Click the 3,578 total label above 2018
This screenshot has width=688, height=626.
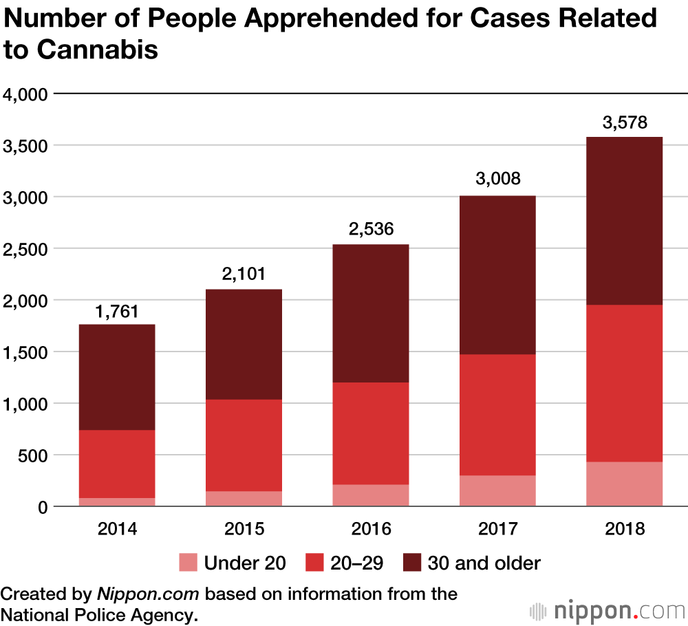click(625, 124)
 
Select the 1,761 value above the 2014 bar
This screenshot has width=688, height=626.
click(116, 312)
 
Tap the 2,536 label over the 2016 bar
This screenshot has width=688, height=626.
click(371, 229)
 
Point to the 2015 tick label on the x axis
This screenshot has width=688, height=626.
click(244, 529)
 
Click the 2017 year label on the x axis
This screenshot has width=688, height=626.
click(498, 529)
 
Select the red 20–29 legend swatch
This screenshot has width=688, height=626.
click(315, 563)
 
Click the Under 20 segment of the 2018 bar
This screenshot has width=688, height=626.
click(625, 484)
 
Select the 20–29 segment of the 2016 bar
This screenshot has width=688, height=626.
click(371, 433)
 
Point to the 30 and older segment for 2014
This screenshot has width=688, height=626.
click(116, 377)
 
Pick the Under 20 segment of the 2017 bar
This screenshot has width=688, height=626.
click(498, 490)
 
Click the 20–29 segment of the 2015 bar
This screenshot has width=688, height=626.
click(244, 445)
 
